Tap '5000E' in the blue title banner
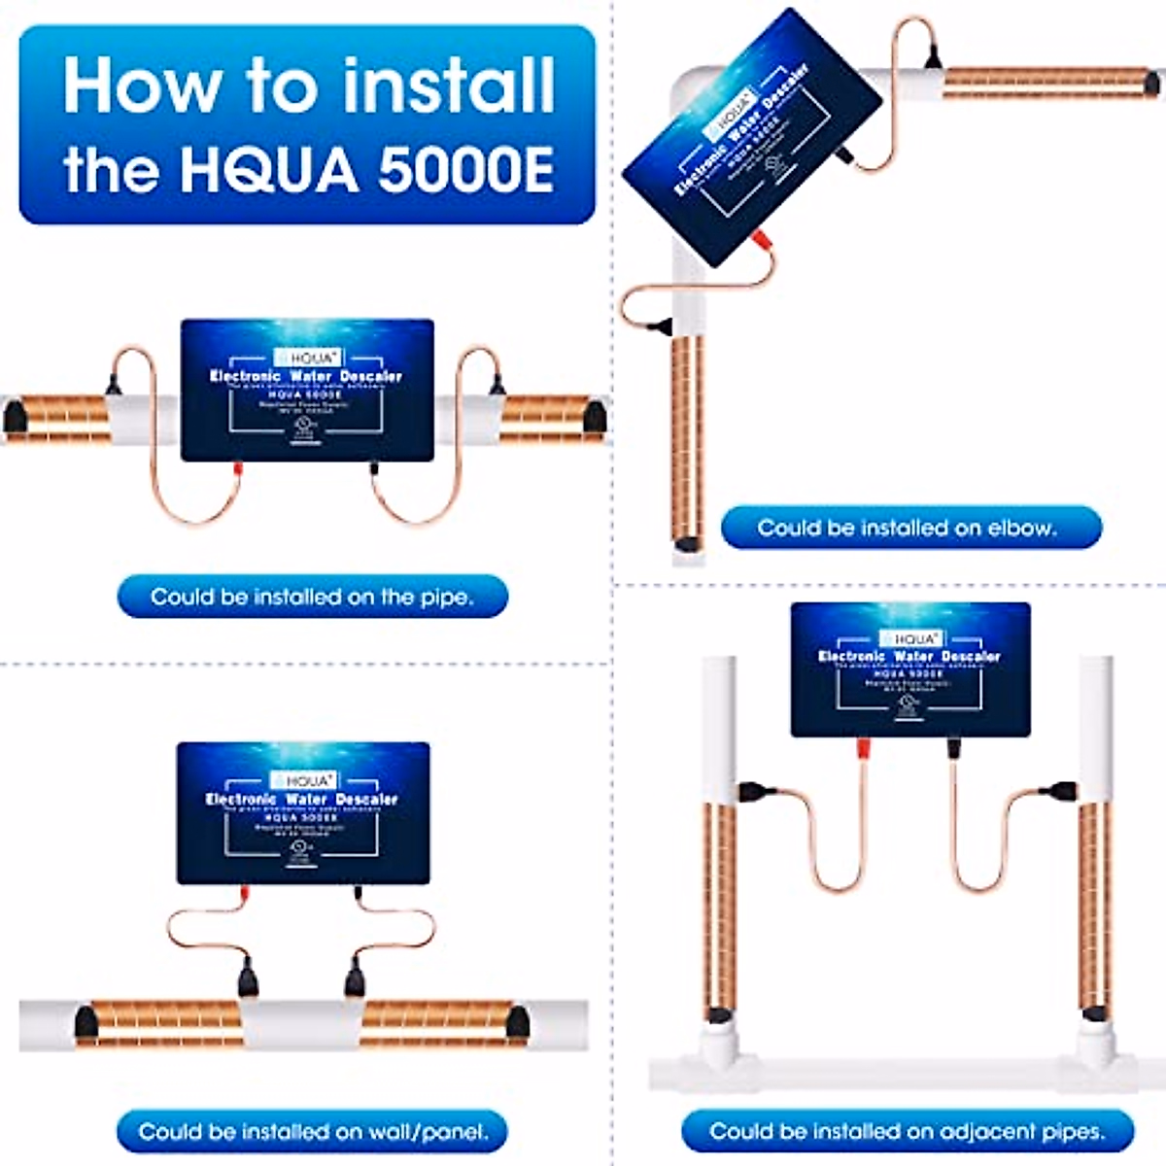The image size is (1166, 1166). [x=465, y=169]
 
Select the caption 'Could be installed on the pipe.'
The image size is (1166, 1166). [x=312, y=597]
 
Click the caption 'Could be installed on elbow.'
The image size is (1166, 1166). [x=907, y=528]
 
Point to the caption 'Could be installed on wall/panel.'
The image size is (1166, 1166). [x=312, y=1132]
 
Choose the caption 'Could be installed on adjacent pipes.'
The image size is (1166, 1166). [x=907, y=1132]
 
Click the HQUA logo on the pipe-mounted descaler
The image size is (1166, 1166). [x=307, y=358]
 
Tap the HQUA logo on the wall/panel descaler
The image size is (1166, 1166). [x=304, y=780]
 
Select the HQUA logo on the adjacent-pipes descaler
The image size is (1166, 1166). [x=910, y=639]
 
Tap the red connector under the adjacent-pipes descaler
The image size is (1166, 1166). [x=862, y=748]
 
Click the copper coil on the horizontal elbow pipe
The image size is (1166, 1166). [x=1045, y=83]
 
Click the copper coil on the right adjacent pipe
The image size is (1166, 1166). [x=1095, y=904]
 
